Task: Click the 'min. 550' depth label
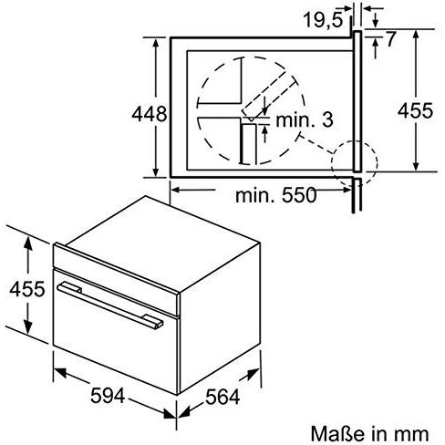pos(274,195)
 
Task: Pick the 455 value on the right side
pos(419,109)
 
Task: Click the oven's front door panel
pos(109,328)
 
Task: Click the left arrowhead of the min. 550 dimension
pos(176,190)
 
